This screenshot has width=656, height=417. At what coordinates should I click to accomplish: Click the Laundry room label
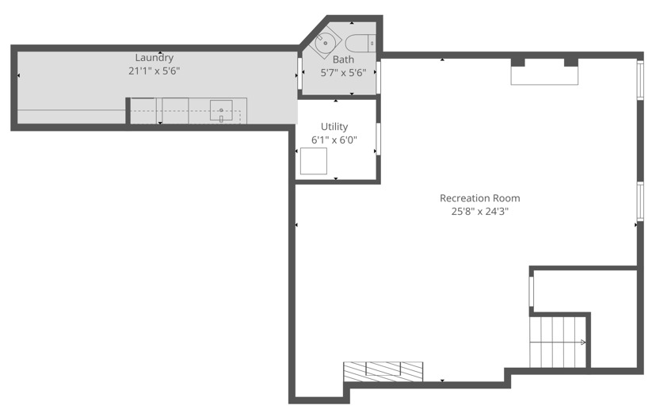point(154,58)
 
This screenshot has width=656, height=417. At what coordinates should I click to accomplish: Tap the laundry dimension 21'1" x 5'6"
point(154,71)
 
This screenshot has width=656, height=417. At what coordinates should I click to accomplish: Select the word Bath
point(343,59)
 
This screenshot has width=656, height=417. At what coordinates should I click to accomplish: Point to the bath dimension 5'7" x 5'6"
point(343,73)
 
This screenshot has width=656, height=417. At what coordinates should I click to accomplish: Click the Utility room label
point(334,126)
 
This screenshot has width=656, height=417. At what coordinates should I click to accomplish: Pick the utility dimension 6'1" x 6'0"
point(334,140)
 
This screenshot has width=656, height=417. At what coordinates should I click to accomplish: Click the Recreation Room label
point(480,198)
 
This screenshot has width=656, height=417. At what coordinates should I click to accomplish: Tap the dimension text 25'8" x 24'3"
point(480,211)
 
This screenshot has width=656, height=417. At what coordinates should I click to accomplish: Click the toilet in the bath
point(360,43)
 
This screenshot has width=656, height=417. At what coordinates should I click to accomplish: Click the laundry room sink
point(221,110)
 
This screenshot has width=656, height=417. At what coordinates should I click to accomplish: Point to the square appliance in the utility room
point(314,161)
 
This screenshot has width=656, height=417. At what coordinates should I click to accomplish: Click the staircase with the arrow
point(558,342)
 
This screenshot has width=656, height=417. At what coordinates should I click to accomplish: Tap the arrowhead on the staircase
point(583,342)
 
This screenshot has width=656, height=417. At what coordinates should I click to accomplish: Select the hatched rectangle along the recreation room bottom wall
point(383,372)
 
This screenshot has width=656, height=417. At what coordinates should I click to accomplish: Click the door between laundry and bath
point(299,73)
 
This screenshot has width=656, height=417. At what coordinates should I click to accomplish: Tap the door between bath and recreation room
point(378,78)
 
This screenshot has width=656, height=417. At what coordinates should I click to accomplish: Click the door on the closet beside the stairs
point(532,292)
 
